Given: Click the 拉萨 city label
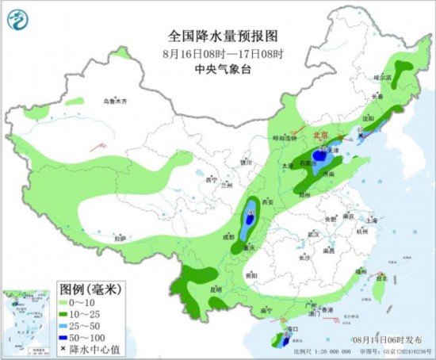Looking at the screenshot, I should [x=120, y=238].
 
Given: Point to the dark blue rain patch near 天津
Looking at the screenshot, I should [x=319, y=156].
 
